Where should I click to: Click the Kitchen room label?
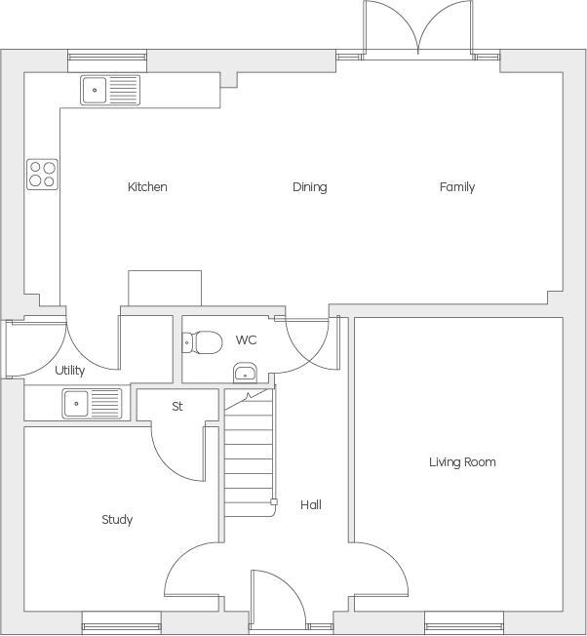pyautogui.click(x=147, y=187)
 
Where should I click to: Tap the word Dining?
pyautogui.click(x=309, y=187)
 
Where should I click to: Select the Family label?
pyautogui.click(x=456, y=187)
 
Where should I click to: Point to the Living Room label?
pyautogui.click(x=462, y=462)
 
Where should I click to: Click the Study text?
pyautogui.click(x=117, y=520)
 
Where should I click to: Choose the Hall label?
pyautogui.click(x=310, y=505)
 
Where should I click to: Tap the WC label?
pyautogui.click(x=246, y=340)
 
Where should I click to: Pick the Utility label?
pyautogui.click(x=70, y=371)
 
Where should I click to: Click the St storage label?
pyautogui.click(x=177, y=407)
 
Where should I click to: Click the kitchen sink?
pyautogui.click(x=110, y=91)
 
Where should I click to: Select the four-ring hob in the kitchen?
pyautogui.click(x=42, y=174)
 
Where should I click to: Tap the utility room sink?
pyautogui.click(x=92, y=402)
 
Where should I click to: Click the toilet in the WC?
pyautogui.click(x=204, y=343)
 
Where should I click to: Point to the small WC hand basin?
pyautogui.click(x=245, y=373)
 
